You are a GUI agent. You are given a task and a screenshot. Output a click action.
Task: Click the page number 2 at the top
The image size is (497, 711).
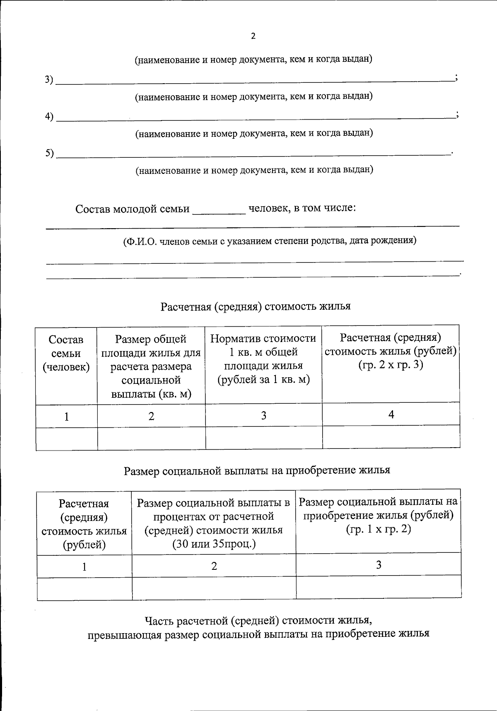(x=253, y=36)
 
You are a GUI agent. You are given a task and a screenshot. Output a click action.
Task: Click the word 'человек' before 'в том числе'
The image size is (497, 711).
(x=268, y=208)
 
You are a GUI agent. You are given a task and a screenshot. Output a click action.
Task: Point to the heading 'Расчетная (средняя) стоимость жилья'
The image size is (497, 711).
(x=256, y=306)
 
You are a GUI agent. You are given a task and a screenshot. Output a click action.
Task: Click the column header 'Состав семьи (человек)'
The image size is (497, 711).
(x=66, y=353)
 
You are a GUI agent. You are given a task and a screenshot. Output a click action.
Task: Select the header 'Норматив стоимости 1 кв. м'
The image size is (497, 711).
(x=263, y=359)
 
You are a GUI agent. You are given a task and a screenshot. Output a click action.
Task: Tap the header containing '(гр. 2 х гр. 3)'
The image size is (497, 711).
(x=391, y=365)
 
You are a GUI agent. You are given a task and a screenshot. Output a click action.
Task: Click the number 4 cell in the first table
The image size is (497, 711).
(x=391, y=414)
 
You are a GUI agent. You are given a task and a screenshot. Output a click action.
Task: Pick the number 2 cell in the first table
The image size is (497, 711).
(x=151, y=416)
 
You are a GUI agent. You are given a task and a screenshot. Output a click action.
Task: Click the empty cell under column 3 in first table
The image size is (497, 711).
(x=264, y=438)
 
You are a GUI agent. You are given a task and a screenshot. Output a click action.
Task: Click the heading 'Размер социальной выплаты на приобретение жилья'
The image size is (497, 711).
(x=257, y=470)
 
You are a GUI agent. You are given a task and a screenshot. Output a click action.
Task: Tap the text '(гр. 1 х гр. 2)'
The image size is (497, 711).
(x=378, y=529)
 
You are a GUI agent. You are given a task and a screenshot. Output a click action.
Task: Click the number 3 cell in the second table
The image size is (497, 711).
(x=379, y=565)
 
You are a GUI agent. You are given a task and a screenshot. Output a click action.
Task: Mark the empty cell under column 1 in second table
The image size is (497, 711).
(x=84, y=588)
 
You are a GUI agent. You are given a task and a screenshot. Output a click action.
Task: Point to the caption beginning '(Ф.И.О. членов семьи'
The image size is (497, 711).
(x=269, y=241)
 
